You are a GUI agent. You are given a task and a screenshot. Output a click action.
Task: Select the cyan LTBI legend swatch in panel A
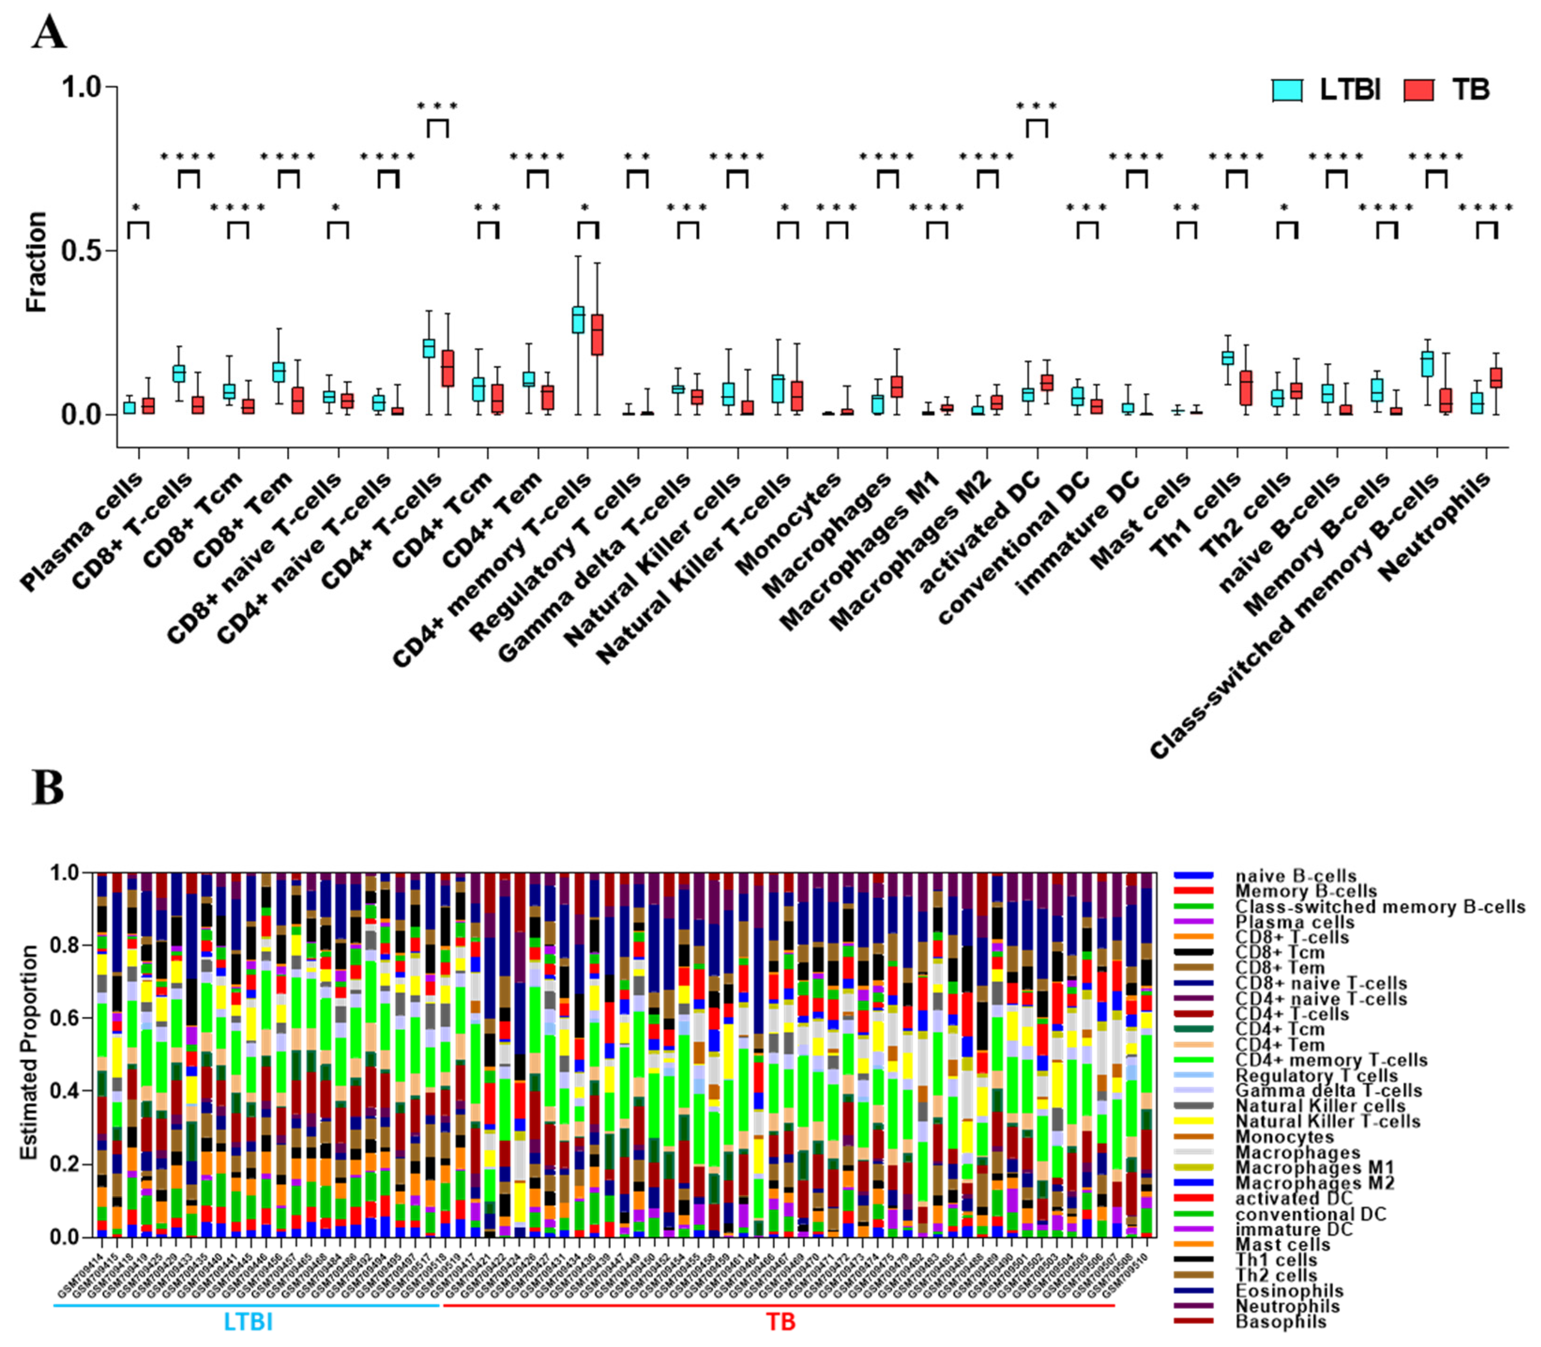tap(1287, 90)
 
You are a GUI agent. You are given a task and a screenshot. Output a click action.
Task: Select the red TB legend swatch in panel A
tap(1419, 90)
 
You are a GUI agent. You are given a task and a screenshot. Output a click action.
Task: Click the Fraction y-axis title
tap(36, 262)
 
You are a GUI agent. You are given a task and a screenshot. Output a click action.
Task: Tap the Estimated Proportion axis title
tap(29, 1052)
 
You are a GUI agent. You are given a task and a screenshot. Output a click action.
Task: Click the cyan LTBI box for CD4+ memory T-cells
tap(578, 319)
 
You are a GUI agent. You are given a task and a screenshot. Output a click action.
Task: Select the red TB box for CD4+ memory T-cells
tap(597, 334)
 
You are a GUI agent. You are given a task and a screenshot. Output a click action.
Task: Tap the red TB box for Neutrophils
tap(1496, 378)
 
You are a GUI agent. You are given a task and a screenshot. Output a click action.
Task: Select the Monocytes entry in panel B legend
tap(1284, 1136)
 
